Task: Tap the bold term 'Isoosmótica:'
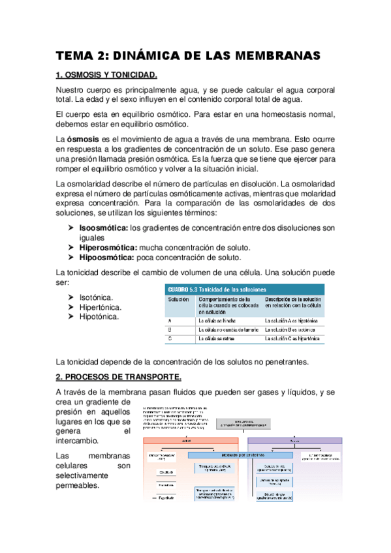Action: point(103,228)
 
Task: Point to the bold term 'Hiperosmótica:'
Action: point(108,248)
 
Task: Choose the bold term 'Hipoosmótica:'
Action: point(106,258)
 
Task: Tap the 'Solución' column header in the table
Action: point(178,299)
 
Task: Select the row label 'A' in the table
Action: point(169,321)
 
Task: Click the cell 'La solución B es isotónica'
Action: point(290,331)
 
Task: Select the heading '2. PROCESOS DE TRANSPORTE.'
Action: point(119,378)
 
